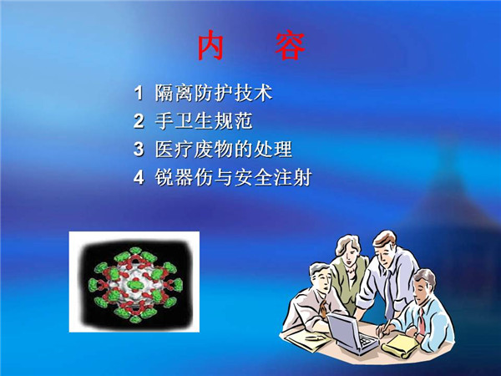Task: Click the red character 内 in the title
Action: click(210, 45)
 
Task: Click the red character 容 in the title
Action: click(290, 45)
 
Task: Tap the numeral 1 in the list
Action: click(139, 93)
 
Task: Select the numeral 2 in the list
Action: click(139, 121)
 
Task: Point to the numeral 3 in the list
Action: click(139, 150)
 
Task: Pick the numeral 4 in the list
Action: click(139, 177)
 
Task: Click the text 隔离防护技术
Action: click(214, 93)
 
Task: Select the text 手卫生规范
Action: click(204, 121)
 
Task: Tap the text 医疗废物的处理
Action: click(223, 150)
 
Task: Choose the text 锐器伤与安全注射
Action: click(233, 177)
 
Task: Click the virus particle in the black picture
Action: click(135, 285)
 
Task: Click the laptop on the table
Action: click(352, 333)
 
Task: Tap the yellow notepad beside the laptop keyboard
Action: click(400, 346)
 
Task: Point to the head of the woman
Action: click(348, 248)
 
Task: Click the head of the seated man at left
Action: click(321, 277)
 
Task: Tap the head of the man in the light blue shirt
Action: click(424, 285)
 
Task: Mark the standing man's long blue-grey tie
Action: click(388, 291)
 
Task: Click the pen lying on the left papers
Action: click(315, 337)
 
